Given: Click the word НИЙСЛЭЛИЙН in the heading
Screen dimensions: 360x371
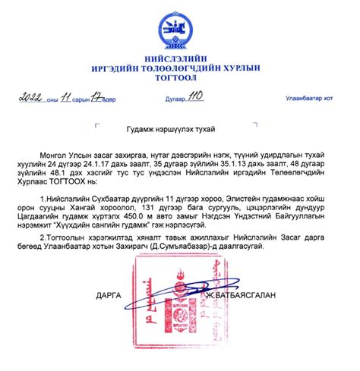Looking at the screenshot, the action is pyautogui.click(x=180, y=57).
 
